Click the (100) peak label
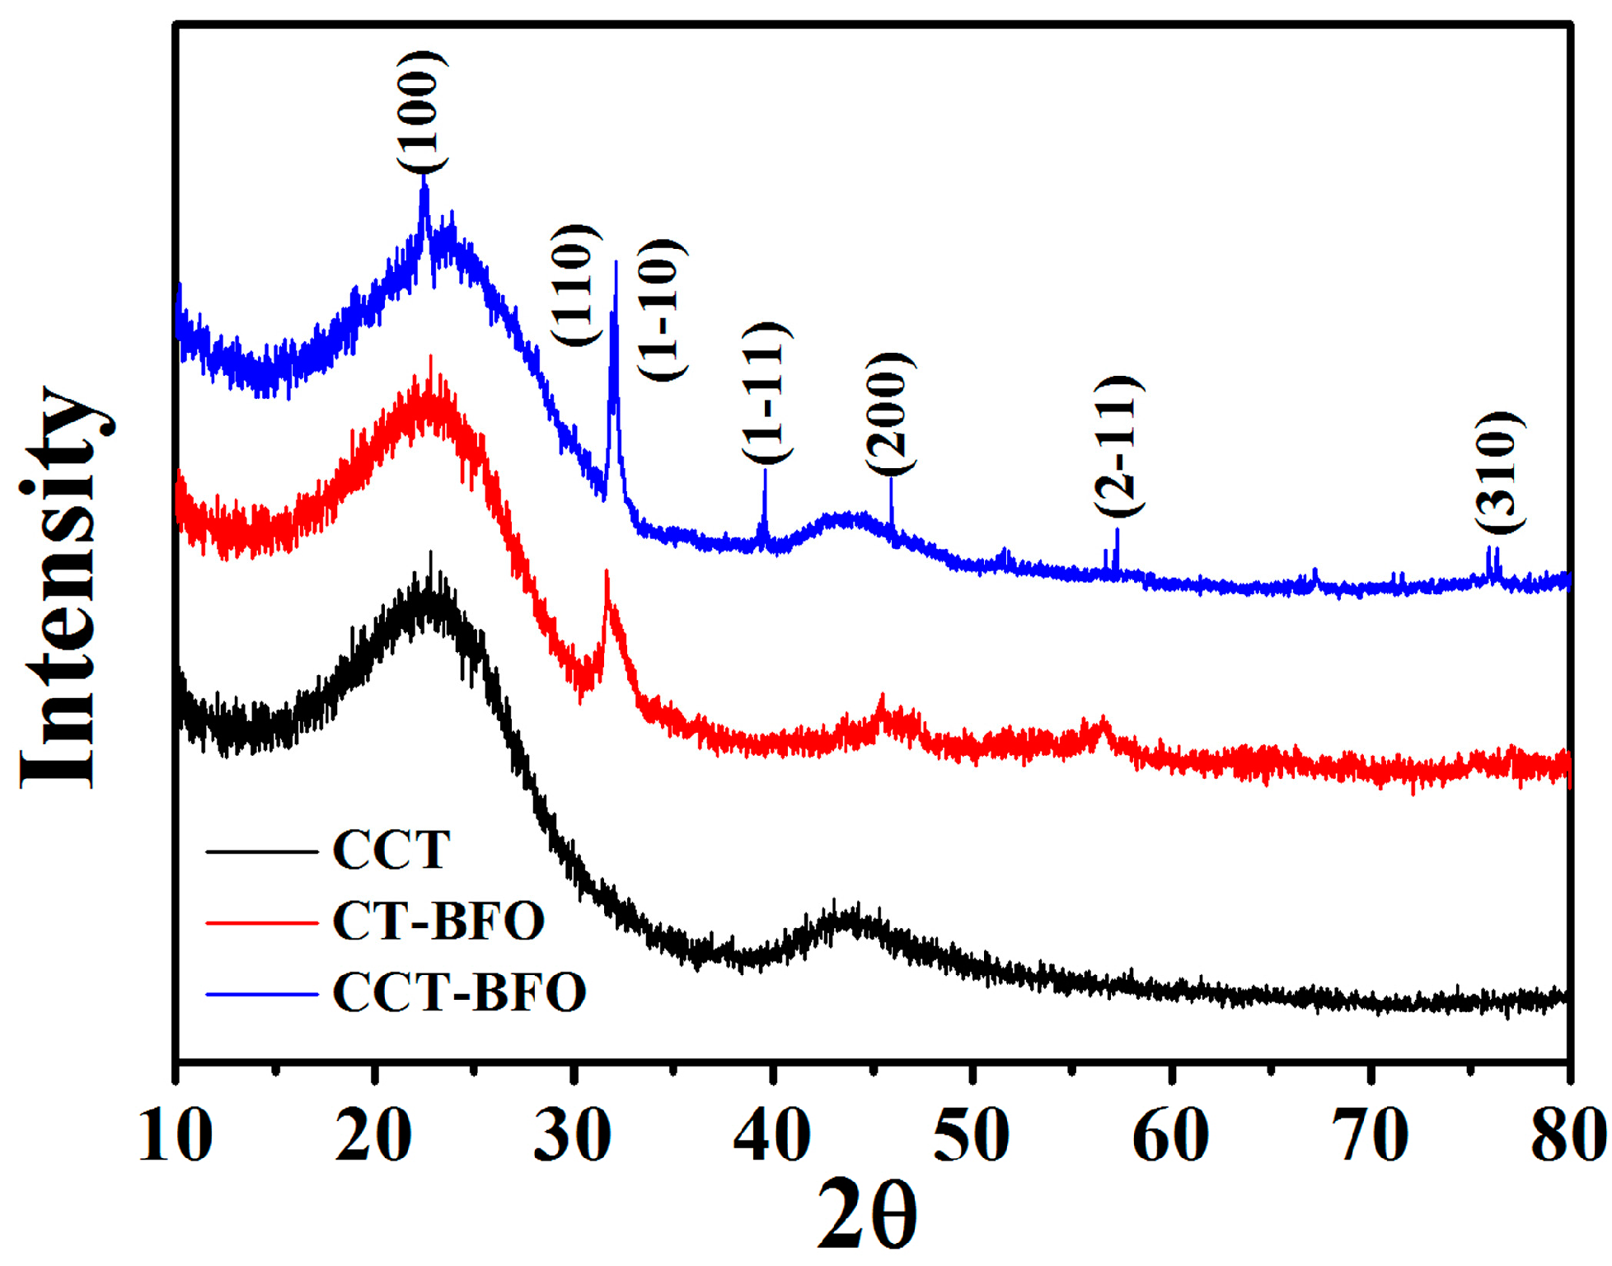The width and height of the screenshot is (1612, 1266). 423,111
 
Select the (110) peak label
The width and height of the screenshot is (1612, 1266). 572,285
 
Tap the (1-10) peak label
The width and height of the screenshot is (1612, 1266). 663,310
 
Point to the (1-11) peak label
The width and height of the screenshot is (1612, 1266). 767,393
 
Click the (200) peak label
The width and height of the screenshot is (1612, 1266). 890,414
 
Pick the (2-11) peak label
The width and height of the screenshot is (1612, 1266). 1118,446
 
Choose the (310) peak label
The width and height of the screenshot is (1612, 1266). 1499,473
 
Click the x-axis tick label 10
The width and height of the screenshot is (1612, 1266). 176,1136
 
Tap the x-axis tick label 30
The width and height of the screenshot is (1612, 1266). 573,1136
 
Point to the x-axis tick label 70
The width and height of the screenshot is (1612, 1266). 1369,1136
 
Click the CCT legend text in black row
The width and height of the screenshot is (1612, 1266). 391,850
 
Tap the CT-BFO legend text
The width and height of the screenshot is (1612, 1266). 438,921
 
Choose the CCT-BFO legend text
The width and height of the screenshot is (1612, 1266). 459,992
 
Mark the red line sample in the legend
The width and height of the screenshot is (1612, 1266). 261,922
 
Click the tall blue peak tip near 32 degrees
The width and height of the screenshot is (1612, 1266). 616,264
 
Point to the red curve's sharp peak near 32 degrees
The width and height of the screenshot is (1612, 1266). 607,572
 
